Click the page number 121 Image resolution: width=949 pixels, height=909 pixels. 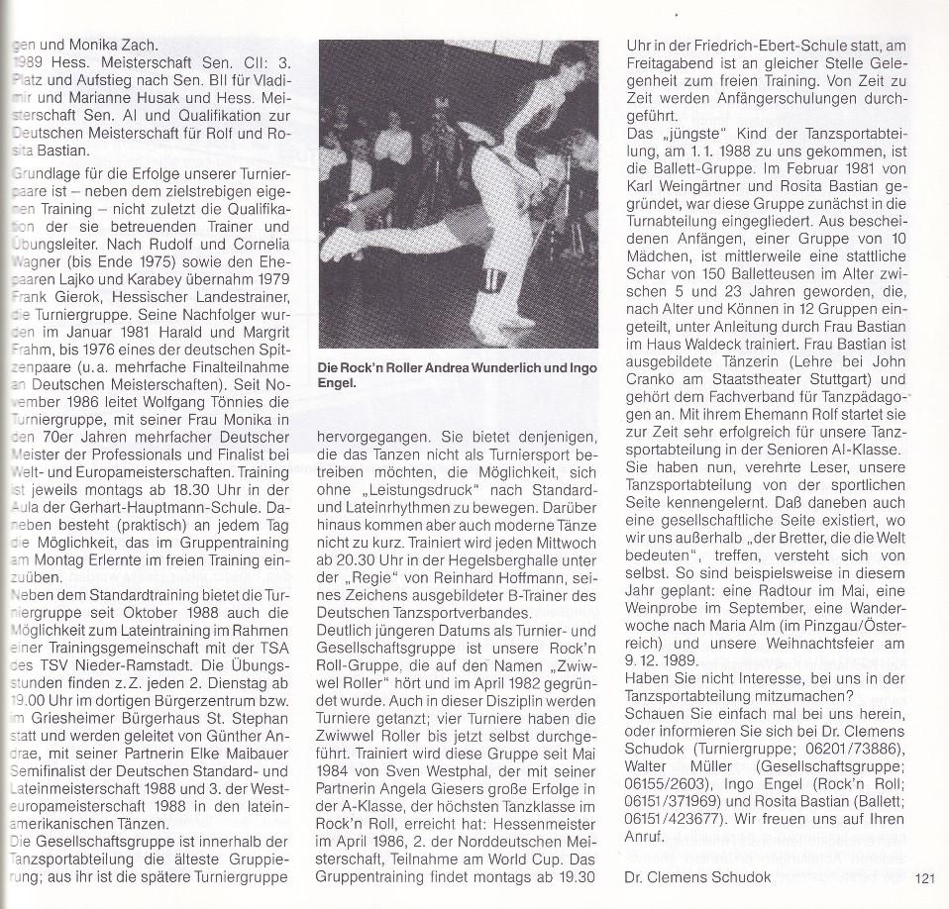925,876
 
